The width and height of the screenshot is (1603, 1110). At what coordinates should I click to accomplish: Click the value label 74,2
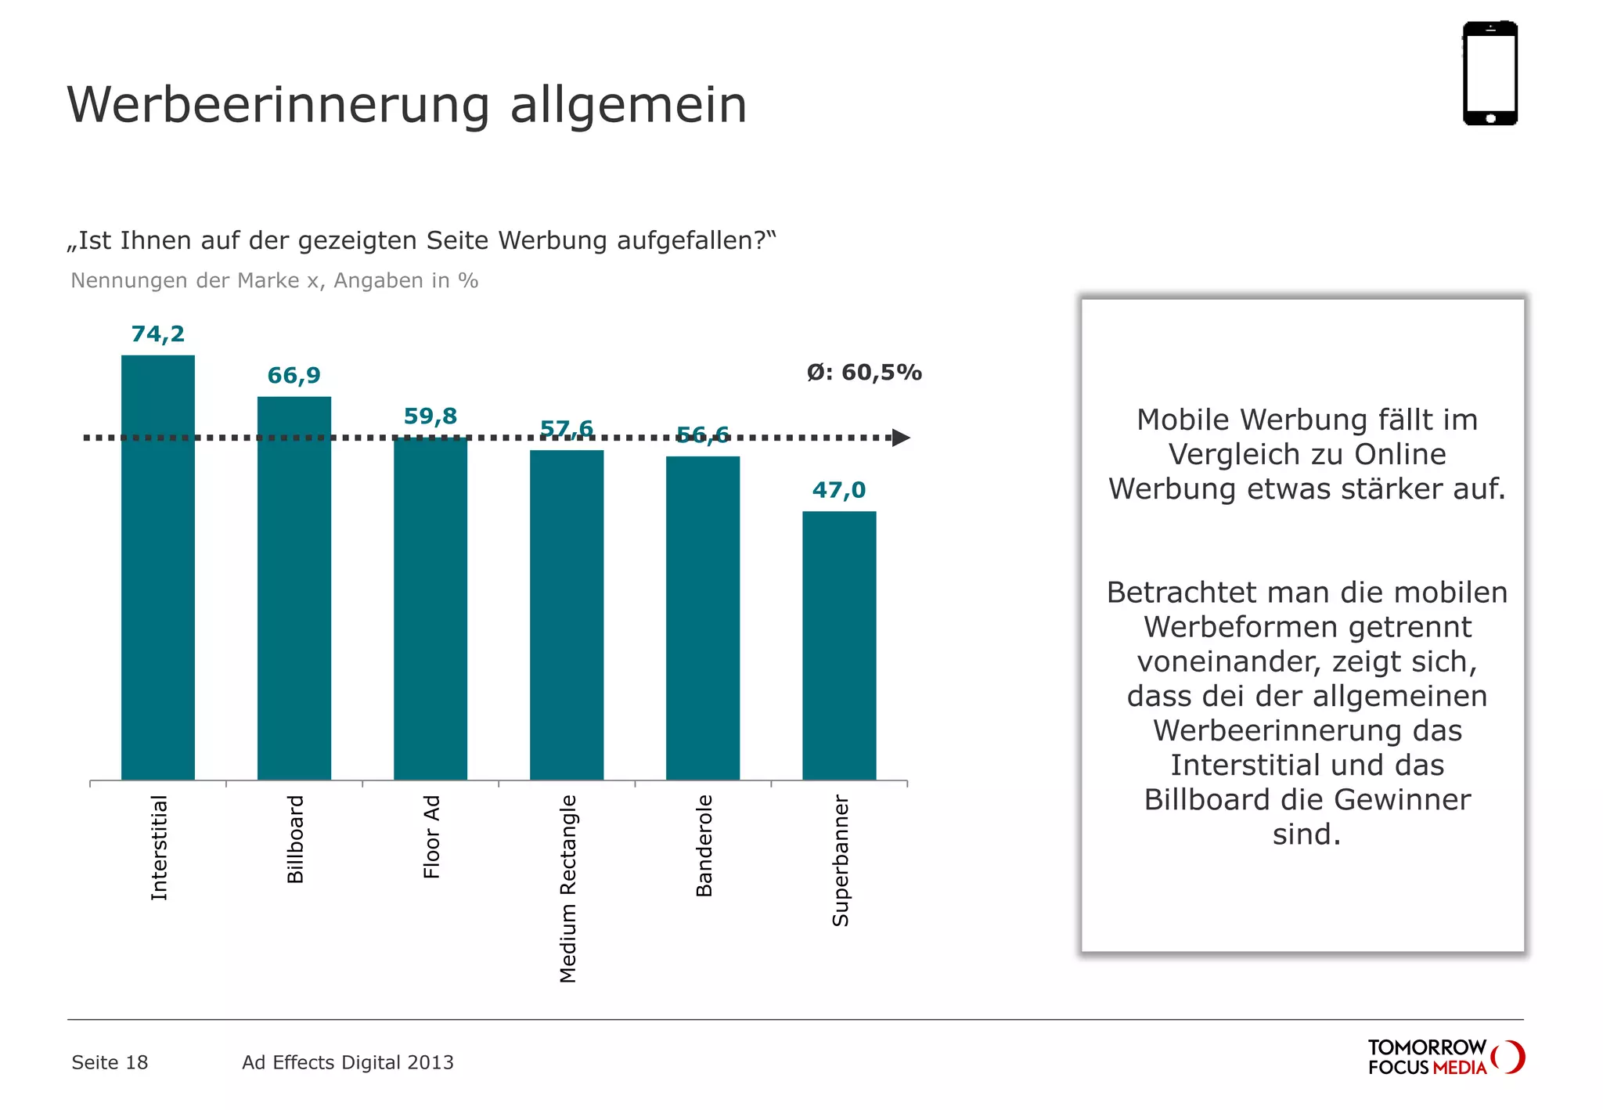pyautogui.click(x=158, y=334)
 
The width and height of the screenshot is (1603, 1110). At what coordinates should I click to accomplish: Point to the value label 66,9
pyautogui.click(x=294, y=376)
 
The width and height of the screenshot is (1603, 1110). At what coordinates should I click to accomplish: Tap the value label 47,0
pyautogui.click(x=839, y=490)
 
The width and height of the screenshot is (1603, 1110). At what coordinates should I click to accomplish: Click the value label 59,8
pyautogui.click(x=430, y=416)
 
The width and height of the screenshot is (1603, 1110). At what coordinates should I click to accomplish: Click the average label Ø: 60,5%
pyautogui.click(x=864, y=373)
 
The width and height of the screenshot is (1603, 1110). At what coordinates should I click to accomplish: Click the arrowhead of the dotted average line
pyautogui.click(x=901, y=438)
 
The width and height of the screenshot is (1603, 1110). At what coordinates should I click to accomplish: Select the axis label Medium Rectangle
pyautogui.click(x=567, y=888)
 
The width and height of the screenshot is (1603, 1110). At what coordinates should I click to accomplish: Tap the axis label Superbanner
pyautogui.click(x=840, y=860)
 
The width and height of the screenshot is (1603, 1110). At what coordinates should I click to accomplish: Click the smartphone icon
pyautogui.click(x=1490, y=74)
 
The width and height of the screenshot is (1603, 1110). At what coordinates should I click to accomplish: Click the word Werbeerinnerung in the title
pyautogui.click(x=278, y=105)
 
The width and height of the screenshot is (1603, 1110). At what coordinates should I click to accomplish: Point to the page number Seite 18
pyautogui.click(x=110, y=1062)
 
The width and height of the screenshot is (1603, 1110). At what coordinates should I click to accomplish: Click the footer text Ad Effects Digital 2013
pyautogui.click(x=348, y=1062)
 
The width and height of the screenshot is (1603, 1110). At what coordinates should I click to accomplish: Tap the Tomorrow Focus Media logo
pyautogui.click(x=1445, y=1057)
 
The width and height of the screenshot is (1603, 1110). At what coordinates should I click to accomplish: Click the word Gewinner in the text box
pyautogui.click(x=1402, y=799)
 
